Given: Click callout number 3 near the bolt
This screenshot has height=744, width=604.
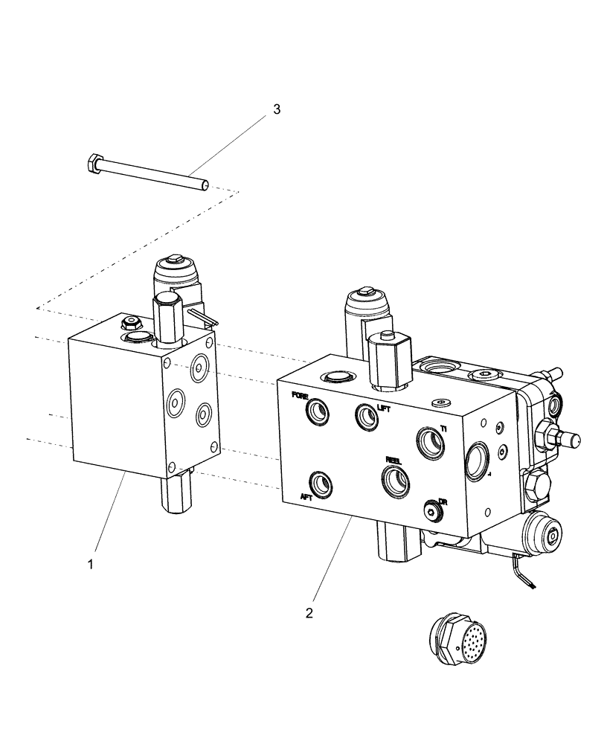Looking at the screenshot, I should [276, 109].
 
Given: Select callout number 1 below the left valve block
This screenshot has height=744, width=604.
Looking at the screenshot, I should [91, 565].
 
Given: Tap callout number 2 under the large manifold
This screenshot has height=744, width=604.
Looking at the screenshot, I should [309, 614].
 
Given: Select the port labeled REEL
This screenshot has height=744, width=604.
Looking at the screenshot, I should [394, 481].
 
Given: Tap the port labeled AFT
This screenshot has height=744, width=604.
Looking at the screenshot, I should [321, 484].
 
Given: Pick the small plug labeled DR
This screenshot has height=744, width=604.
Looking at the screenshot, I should [431, 509].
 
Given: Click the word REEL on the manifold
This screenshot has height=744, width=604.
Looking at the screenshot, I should [393, 460].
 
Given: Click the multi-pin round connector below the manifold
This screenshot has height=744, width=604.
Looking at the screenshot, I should [453, 639].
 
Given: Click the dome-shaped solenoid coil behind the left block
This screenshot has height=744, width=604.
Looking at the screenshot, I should [176, 278].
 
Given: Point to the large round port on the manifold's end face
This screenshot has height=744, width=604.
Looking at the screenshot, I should [476, 461].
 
